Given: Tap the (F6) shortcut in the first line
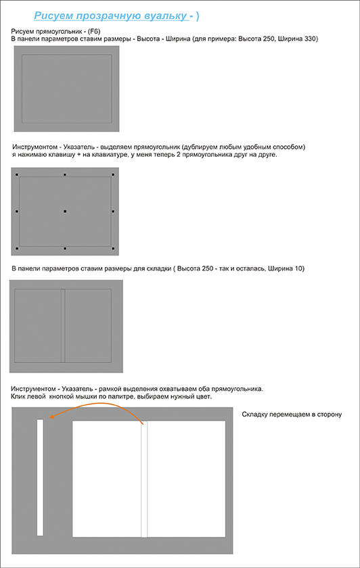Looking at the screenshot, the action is [94, 32].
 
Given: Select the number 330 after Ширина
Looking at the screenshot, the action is [311, 39].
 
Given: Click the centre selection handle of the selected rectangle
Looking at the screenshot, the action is [65, 211].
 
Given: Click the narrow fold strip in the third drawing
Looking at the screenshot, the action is [63, 326].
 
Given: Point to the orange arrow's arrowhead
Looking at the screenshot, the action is [51, 417].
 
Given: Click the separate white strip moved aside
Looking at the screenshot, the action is [40, 477].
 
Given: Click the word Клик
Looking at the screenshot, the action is [18, 397].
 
